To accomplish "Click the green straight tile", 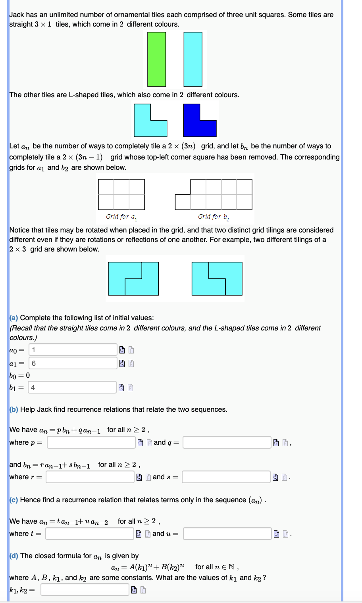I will coord(156,59).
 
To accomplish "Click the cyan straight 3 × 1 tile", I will coord(193,59).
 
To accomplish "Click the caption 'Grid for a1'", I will coord(121,217).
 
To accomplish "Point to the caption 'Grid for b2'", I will coord(213,217).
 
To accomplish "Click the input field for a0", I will coord(73,350).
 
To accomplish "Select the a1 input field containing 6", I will coord(73,363).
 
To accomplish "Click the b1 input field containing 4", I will coord(72,387).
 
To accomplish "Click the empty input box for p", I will coord(91,442).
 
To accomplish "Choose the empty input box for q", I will coord(227,442).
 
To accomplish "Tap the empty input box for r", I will coord(90,477).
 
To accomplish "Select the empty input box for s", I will coord(226,477).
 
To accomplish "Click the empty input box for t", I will coord(90,534).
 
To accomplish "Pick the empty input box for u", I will coord(227,534).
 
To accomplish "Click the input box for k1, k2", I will coord(85,590).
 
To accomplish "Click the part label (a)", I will coord(14,318).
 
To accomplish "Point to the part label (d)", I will coord(14,556).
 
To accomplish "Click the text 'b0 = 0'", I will coord(19,375).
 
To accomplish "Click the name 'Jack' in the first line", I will coord(16,15).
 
